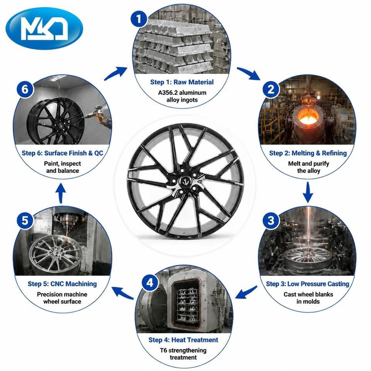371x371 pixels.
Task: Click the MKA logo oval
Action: tap(44, 28)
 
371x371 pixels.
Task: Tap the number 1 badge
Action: tap(139, 19)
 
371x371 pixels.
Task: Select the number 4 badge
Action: tap(150, 283)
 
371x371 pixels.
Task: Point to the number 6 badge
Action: tap(25, 89)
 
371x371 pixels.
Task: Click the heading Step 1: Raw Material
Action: tap(182, 82)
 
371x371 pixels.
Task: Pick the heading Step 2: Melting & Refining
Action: tap(308, 153)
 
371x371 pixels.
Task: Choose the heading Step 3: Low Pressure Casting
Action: tap(307, 284)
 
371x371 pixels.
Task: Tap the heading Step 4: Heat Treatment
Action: tap(183, 340)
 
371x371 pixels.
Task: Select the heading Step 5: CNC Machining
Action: tap(62, 284)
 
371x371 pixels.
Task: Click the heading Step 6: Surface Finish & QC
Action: tap(63, 153)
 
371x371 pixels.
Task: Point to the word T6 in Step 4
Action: tap(163, 350)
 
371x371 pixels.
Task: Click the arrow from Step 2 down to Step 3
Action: tap(308, 192)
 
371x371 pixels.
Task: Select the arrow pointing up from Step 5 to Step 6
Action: tap(61, 193)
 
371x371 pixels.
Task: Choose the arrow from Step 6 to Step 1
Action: tap(116, 73)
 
